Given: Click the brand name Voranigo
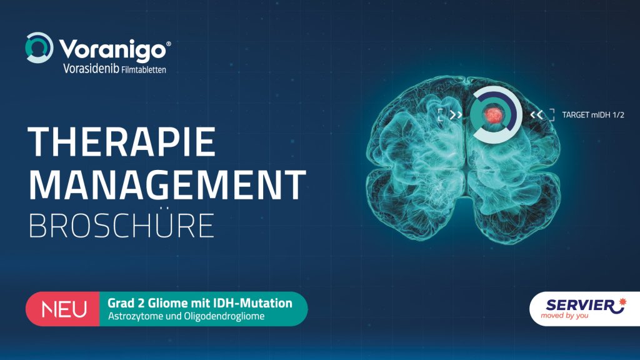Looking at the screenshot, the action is (112, 50).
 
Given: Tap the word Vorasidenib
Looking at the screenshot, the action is (91, 68).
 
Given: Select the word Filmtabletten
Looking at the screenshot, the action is (144, 69).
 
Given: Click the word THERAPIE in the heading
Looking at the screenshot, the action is (122, 142).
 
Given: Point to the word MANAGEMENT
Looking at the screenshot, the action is (167, 184).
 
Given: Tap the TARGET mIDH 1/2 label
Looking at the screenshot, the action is (593, 115).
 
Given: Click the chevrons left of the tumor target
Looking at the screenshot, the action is (456, 115).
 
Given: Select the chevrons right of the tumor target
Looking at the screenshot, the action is (537, 115).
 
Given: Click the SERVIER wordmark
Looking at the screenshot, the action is (580, 305).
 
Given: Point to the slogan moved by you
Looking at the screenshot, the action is (564, 316).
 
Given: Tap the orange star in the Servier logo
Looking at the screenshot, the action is (622, 302).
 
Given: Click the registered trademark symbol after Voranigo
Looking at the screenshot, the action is (169, 44).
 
